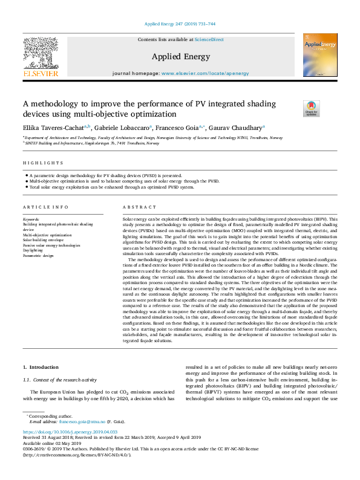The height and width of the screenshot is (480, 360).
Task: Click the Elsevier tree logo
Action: coord(41,54)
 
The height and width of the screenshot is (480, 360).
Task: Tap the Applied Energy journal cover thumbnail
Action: coord(319,56)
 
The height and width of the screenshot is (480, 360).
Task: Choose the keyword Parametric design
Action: coord(39,256)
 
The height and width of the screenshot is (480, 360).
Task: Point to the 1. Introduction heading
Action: coord(42,368)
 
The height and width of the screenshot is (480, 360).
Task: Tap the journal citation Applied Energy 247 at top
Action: coord(180,24)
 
